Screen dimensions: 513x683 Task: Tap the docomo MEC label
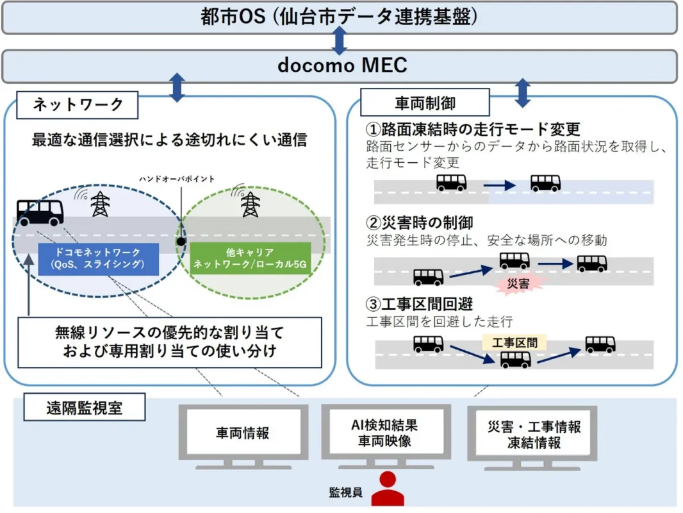coord(342,65)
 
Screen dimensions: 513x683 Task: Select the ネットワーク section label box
coord(78,105)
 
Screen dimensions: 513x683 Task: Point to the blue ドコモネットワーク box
coord(98,258)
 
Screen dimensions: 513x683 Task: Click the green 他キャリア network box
coord(250,258)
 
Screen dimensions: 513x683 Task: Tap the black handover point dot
coord(181,242)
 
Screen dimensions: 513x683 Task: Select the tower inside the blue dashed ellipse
coord(99,203)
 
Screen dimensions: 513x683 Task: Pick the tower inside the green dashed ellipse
coord(250,205)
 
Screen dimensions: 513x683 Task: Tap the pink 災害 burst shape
coord(518,283)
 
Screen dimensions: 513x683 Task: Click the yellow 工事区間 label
coord(514,342)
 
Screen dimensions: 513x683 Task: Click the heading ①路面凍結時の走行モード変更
coord(472,129)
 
